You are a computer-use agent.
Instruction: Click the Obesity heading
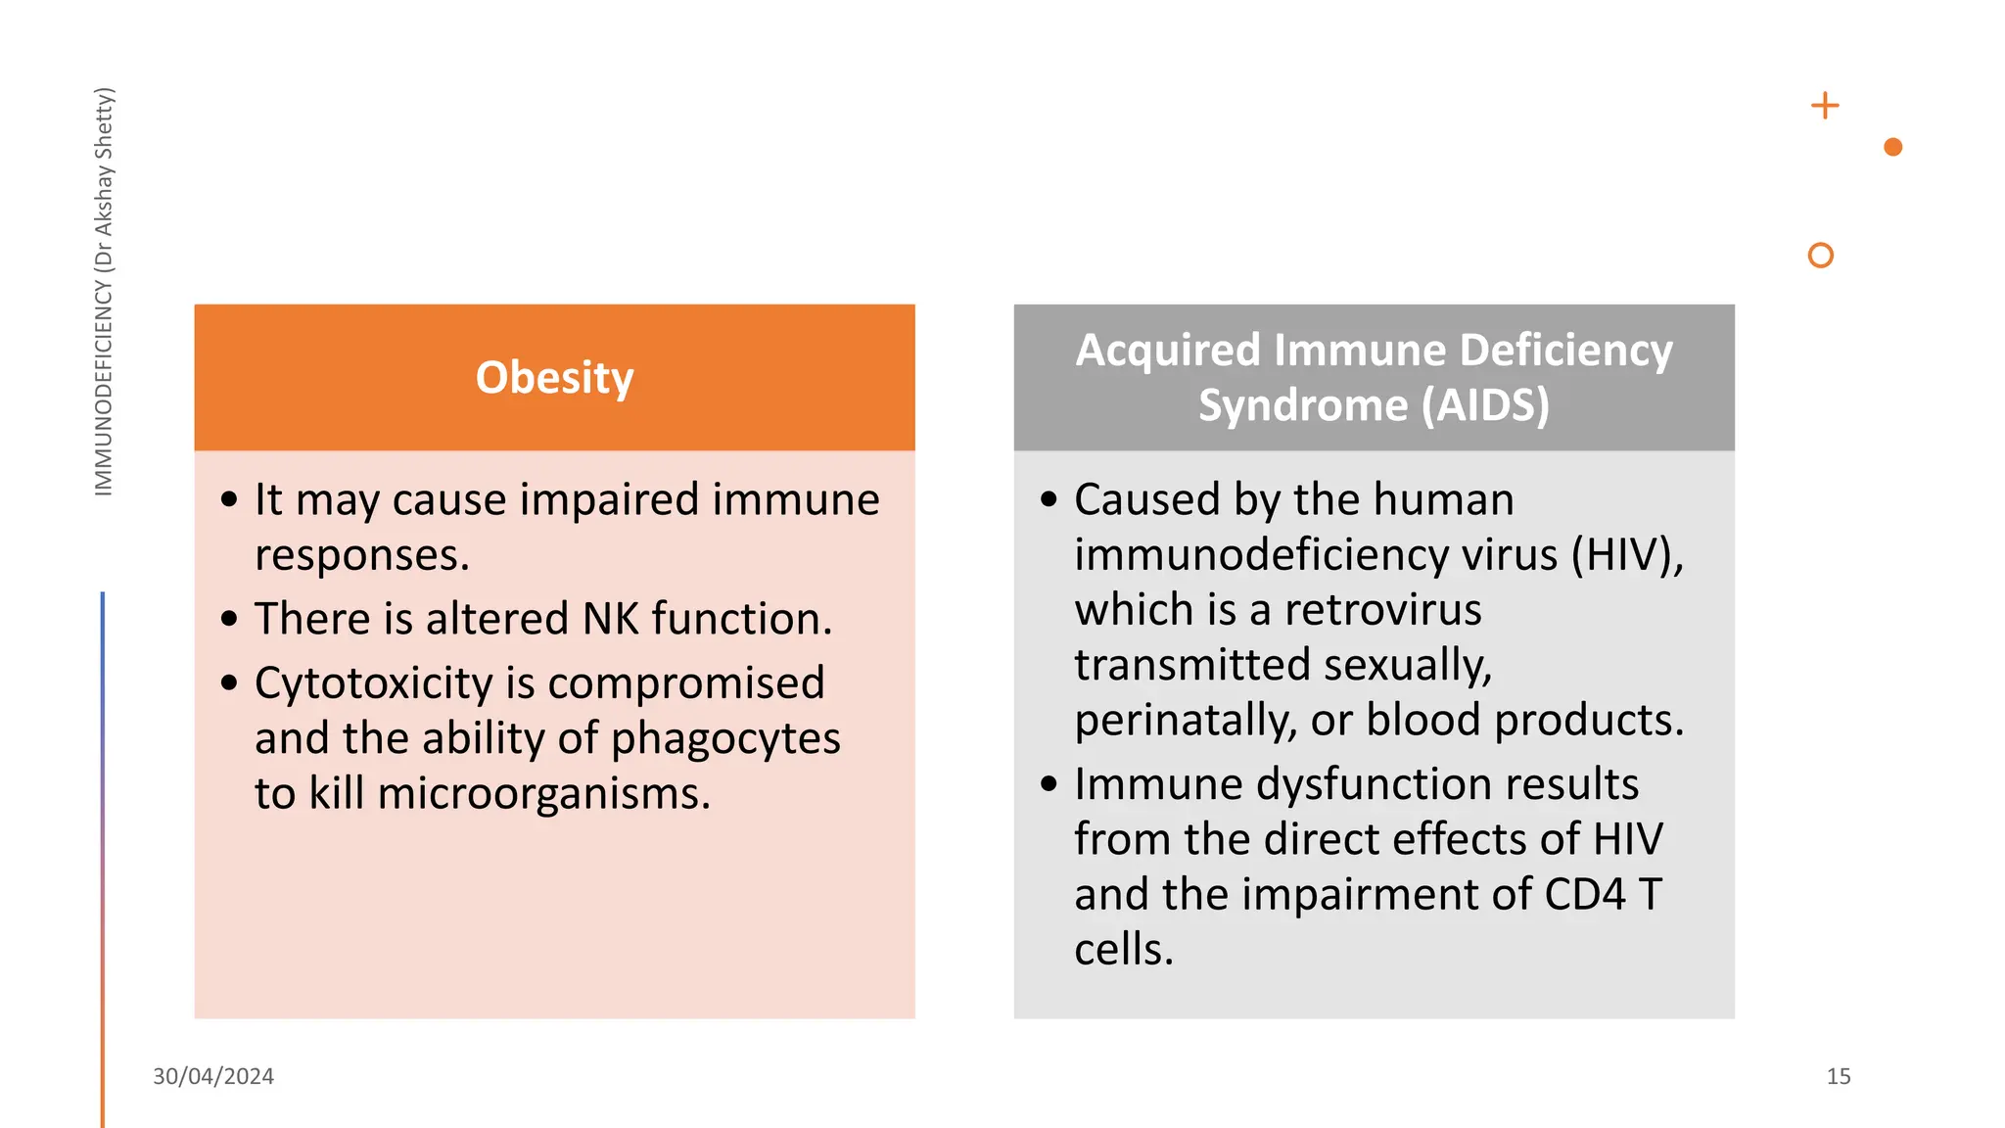coord(554,378)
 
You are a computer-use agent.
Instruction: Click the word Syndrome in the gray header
coord(1303,405)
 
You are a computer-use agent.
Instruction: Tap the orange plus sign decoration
coord(1825,106)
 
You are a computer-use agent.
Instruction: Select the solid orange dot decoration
coord(1892,147)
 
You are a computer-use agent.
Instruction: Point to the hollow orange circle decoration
coord(1820,256)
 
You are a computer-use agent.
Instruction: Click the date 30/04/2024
coord(213,1076)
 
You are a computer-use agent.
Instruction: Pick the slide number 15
coord(1838,1076)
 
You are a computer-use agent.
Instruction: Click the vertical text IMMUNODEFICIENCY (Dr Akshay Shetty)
coord(104,292)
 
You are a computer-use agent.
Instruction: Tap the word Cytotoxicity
coord(373,682)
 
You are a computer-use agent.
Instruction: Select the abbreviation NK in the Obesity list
coord(611,619)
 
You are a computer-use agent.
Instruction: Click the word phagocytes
coord(725,738)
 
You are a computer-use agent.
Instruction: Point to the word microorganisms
coord(543,793)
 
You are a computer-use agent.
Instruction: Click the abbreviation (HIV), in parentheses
coord(1627,555)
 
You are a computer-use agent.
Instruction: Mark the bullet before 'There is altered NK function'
coord(230,619)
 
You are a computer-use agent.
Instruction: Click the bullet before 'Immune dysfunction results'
coord(1049,784)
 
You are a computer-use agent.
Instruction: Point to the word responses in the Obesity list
coord(361,555)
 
